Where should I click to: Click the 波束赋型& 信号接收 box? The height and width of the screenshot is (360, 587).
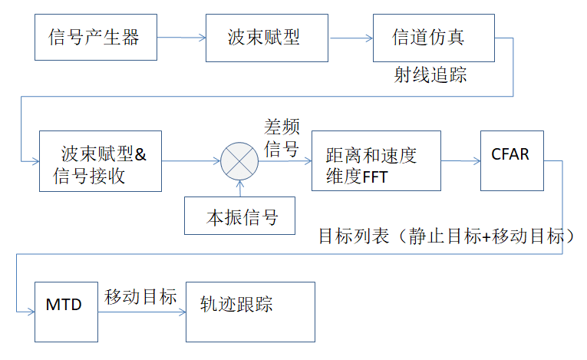coord(101,161)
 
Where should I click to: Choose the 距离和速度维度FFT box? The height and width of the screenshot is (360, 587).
coord(376,161)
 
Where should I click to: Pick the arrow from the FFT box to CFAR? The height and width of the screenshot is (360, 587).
coord(460,160)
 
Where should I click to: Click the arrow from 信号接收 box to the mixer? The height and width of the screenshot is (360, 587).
coord(191,160)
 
